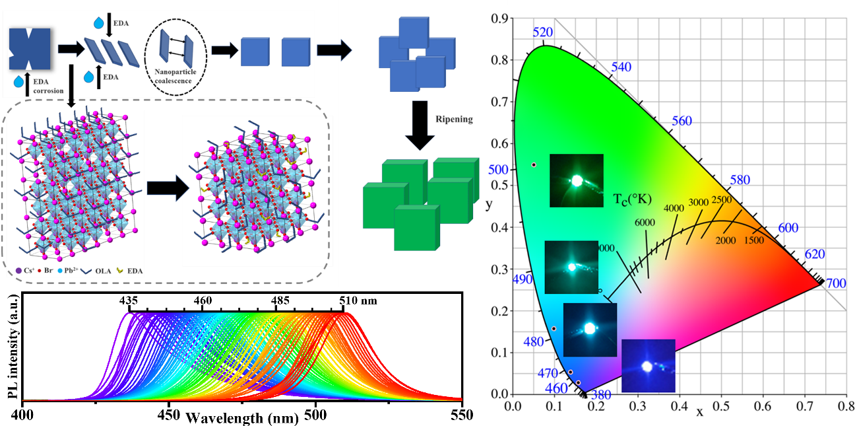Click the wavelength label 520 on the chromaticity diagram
tap(542, 33)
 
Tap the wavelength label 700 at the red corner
tap(836, 283)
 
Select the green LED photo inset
tap(576, 180)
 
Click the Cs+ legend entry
tap(22, 270)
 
